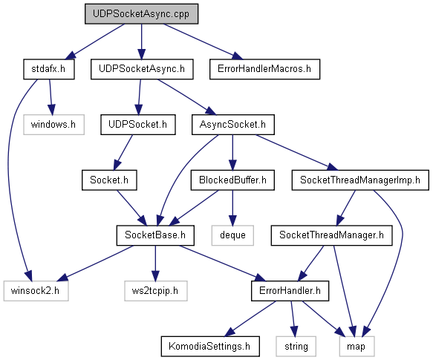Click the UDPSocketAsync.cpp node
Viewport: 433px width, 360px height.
point(141,14)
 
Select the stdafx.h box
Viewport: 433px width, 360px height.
point(49,69)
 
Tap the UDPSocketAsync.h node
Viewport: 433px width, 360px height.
point(142,69)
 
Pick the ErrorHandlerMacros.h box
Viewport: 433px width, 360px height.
point(264,69)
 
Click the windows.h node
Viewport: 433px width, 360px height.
point(54,125)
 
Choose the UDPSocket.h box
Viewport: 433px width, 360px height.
point(138,125)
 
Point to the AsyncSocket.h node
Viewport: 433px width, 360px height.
point(233,125)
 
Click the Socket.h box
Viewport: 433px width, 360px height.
point(109,180)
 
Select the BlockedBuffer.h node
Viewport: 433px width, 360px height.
point(232,180)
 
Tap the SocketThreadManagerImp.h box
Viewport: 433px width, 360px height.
point(360,180)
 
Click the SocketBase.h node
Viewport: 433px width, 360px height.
point(155,235)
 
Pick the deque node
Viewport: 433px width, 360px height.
point(232,235)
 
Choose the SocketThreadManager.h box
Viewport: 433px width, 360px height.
point(332,235)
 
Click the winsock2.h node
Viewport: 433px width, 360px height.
point(36,291)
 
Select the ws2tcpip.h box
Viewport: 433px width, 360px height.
point(156,291)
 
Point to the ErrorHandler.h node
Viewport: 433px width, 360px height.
point(290,291)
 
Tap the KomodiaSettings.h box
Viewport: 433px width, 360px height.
point(210,346)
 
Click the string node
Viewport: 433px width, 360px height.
point(296,346)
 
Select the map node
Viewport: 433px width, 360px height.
point(357,346)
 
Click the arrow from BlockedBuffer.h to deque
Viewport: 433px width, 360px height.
point(232,208)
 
